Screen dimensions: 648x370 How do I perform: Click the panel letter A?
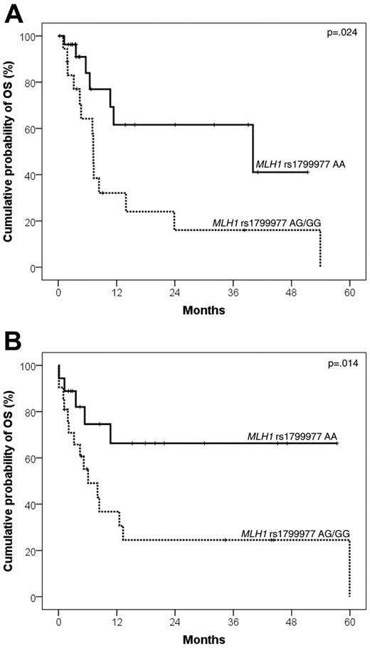[x=14, y=13]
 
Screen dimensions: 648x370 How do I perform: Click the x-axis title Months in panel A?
[x=203, y=310]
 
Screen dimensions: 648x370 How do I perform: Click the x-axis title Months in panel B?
[x=203, y=639]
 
